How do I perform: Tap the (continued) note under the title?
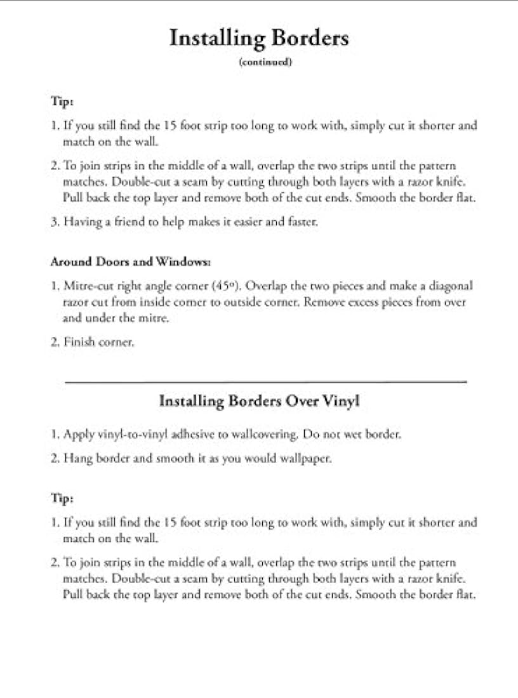click(x=265, y=62)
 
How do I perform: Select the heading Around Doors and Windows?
click(x=130, y=262)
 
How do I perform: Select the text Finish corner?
click(x=98, y=342)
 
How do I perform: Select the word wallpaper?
click(x=307, y=458)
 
